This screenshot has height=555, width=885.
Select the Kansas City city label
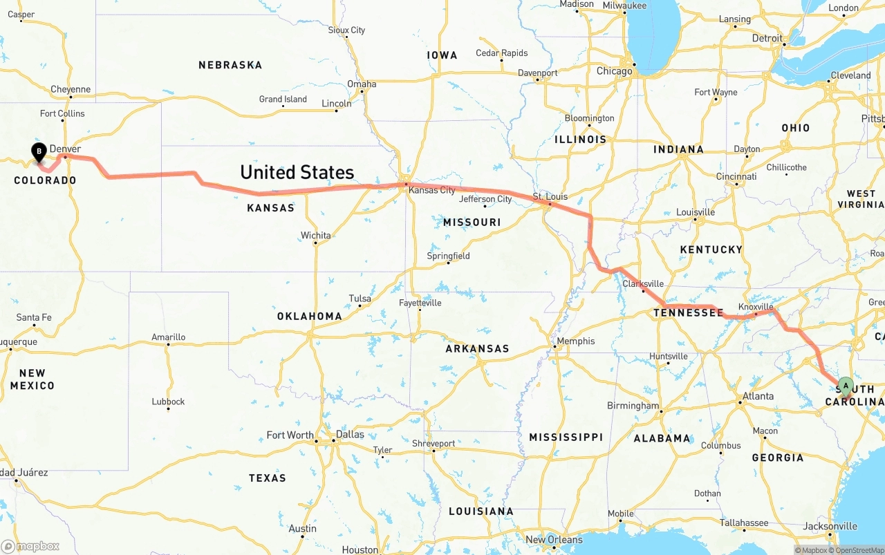(x=432, y=190)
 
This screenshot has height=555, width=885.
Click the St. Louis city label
(x=550, y=197)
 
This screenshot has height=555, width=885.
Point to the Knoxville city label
(x=756, y=307)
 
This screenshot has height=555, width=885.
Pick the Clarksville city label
(x=643, y=284)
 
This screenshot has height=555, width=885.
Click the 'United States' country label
(x=297, y=172)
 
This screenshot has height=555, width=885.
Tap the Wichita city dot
(x=316, y=243)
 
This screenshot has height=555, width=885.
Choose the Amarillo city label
(x=168, y=337)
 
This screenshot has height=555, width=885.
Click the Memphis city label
(x=575, y=341)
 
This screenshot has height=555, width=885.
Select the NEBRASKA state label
(x=230, y=65)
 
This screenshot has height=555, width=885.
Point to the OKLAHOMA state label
(x=309, y=316)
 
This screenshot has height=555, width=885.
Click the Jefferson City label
(x=485, y=199)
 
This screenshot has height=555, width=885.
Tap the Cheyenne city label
(x=71, y=89)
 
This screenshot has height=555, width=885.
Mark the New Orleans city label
(x=554, y=540)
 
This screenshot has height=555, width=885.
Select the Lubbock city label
(x=168, y=402)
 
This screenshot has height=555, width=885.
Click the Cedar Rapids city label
(x=501, y=53)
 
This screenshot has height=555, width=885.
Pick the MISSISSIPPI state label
(x=566, y=437)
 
